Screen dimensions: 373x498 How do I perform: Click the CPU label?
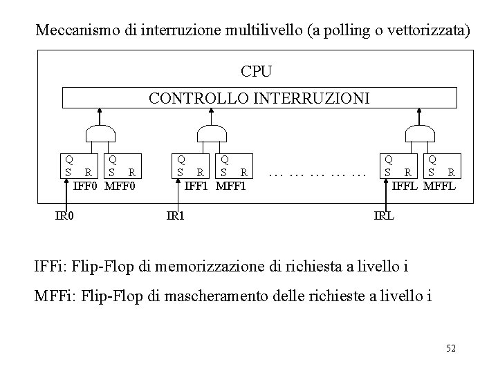(256, 71)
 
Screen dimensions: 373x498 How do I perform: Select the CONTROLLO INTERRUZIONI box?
(259, 98)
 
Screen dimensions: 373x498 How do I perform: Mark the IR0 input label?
(64, 216)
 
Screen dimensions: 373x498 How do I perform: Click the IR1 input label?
(176, 216)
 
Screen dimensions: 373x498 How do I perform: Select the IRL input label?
(384, 216)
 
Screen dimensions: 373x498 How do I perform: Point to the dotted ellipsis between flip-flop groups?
(317, 175)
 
